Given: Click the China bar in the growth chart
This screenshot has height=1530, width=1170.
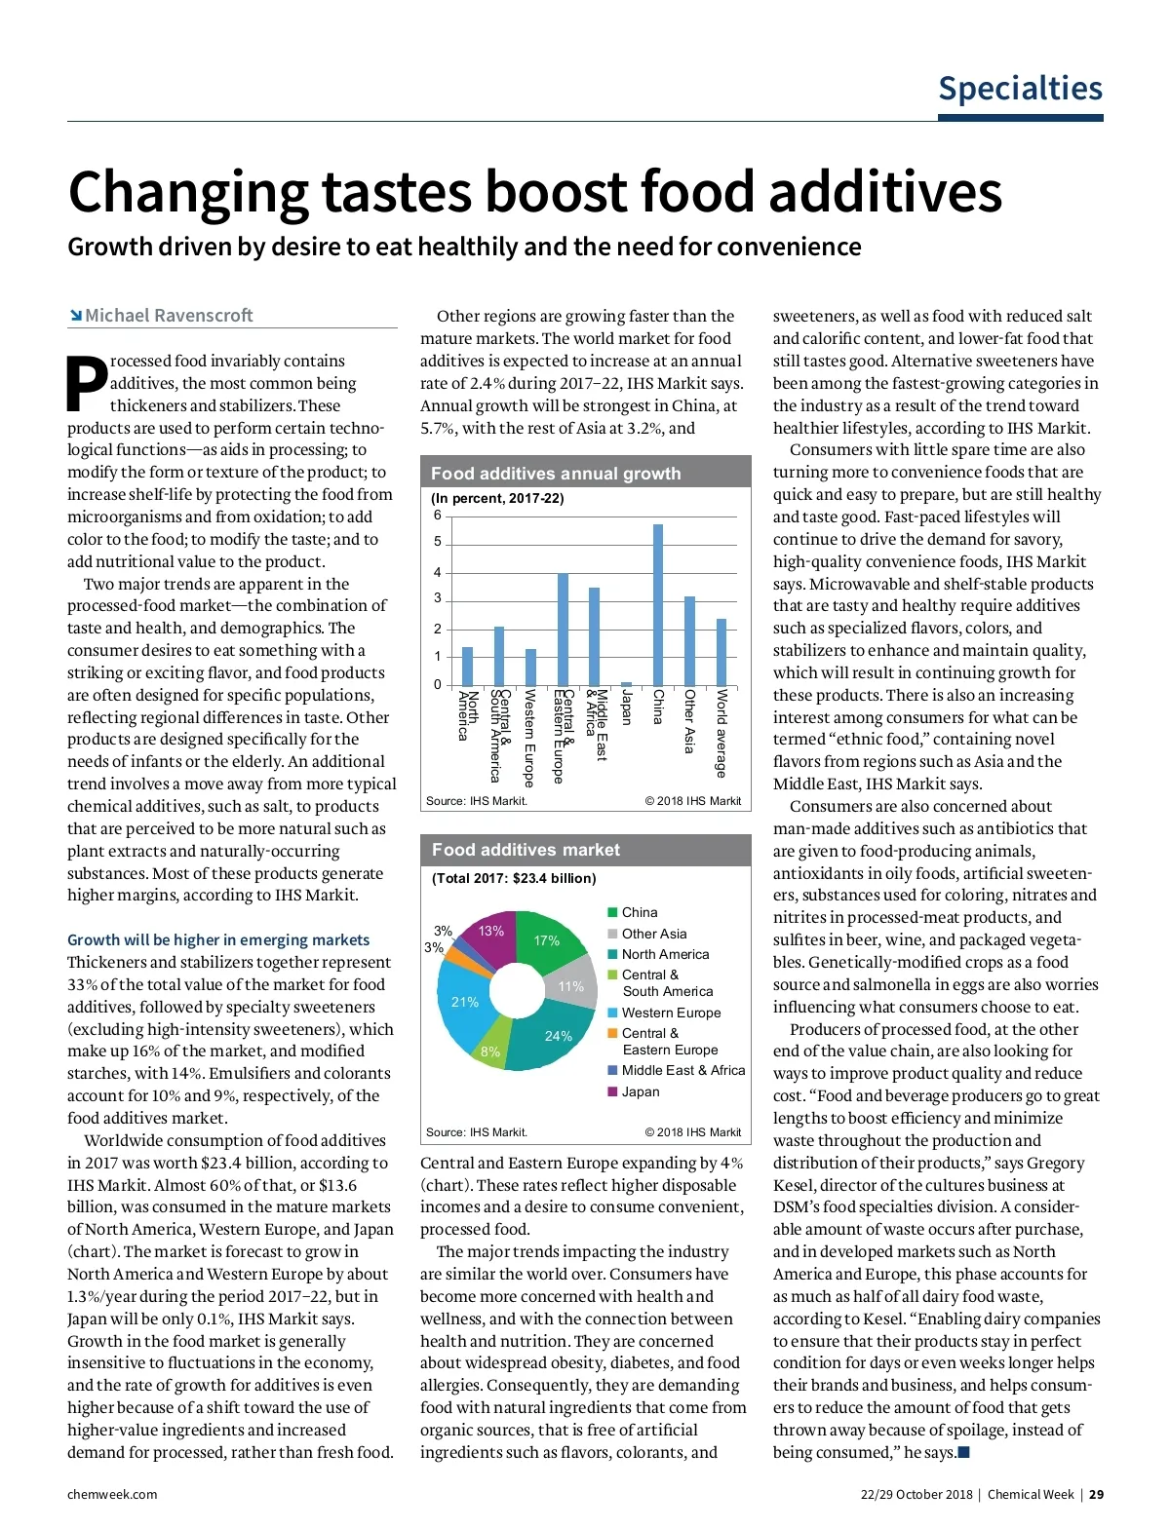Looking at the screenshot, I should [658, 604].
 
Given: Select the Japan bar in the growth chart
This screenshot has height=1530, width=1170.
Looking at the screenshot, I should [626, 683].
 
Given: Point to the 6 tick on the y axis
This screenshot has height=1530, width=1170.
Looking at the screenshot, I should [438, 515].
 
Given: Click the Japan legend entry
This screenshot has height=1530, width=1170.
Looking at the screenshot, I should [640, 1091].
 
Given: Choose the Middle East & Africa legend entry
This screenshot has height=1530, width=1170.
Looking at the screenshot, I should [682, 1070].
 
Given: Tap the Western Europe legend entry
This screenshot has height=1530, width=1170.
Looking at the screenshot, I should [671, 1013].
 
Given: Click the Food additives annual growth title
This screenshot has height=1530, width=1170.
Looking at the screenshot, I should [556, 474].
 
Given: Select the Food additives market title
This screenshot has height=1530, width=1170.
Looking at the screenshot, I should [526, 850].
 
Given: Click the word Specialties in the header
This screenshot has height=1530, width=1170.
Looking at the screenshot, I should [1020, 89].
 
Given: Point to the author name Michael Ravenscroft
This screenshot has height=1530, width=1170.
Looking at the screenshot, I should [168, 315].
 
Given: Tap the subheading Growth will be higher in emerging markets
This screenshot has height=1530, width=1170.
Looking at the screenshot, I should [218, 939].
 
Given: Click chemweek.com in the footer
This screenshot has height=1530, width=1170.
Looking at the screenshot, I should [112, 1494].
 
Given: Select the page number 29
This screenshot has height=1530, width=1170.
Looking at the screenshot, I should [1097, 1494].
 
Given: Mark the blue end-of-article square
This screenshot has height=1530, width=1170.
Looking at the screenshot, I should [964, 1453].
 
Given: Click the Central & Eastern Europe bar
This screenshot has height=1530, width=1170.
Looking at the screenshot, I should [563, 629].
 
